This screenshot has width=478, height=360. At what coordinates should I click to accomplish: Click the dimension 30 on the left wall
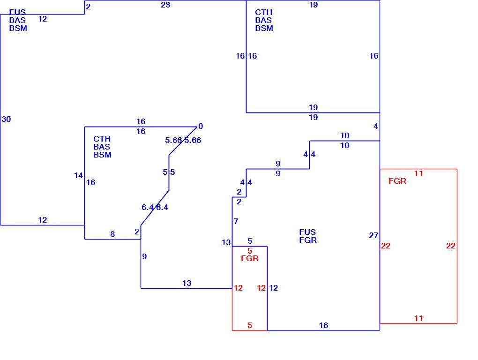[x=6, y=119]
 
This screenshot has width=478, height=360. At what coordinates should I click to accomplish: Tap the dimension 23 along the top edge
[x=165, y=5]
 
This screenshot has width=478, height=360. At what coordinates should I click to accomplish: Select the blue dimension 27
[x=373, y=235]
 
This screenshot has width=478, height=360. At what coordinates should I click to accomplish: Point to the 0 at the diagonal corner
[x=201, y=126]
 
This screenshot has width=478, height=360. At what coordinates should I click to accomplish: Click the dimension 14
[x=78, y=176]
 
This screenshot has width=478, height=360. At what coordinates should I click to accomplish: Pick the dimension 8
[x=112, y=234]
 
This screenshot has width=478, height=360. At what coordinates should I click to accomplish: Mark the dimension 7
[x=236, y=221]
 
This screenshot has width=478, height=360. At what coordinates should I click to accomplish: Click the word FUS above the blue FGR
[x=307, y=232]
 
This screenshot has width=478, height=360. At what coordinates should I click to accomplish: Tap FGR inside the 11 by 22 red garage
[x=397, y=181]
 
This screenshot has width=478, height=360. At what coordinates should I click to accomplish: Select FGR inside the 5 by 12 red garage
[x=250, y=258]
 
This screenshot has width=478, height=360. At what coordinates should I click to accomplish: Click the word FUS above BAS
[x=17, y=12]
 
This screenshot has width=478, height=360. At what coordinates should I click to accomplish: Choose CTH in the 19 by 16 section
[x=264, y=12]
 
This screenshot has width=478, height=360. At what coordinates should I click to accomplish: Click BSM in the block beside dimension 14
[x=103, y=155]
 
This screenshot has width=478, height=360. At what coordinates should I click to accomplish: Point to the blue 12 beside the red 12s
[x=274, y=288]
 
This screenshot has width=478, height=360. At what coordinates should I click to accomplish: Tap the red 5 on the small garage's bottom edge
[x=250, y=326]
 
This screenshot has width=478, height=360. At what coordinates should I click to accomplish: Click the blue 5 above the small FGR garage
[x=250, y=241]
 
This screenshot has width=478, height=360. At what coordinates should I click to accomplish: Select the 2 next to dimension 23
[x=88, y=7]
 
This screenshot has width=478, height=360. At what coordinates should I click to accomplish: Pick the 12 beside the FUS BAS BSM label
[x=42, y=19]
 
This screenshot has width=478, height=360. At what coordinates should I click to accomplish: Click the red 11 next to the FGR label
[x=418, y=174]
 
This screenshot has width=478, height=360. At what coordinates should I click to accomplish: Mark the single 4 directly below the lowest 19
[x=375, y=126]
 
